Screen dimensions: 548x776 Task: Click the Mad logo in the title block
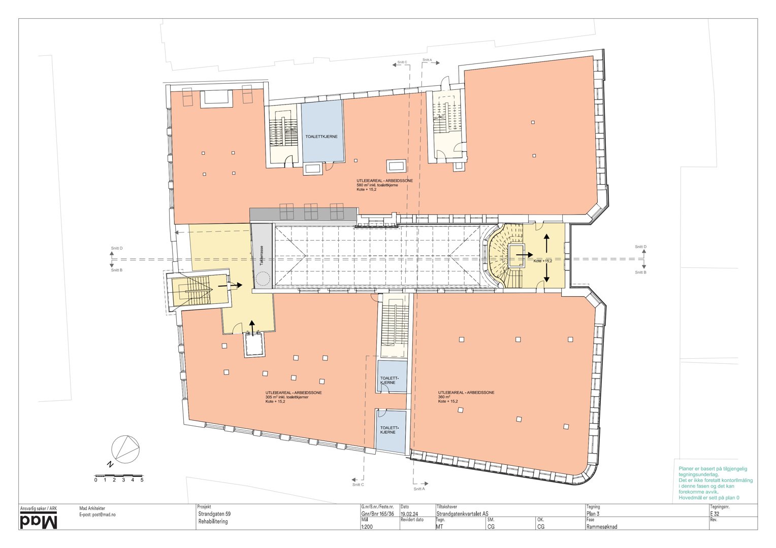click(39, 521)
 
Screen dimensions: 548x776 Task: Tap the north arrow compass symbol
click(125, 450)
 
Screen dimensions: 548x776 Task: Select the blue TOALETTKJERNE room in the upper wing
click(321, 131)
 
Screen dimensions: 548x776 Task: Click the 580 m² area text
click(377, 185)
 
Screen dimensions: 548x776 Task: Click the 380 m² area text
click(444, 397)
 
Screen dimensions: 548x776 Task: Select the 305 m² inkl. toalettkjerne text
click(287, 397)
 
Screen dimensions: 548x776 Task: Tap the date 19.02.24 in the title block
click(410, 513)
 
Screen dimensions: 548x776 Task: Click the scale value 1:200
click(368, 527)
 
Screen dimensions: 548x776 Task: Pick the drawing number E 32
click(715, 513)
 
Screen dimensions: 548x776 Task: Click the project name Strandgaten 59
click(214, 513)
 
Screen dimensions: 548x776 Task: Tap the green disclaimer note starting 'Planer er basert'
click(715, 483)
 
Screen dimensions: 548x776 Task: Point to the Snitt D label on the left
click(117, 248)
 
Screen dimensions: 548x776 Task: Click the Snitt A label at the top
click(427, 60)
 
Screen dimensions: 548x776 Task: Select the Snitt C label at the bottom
click(358, 485)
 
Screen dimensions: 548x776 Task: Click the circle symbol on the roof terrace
click(263, 279)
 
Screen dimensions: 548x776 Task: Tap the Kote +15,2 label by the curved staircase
click(542, 261)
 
